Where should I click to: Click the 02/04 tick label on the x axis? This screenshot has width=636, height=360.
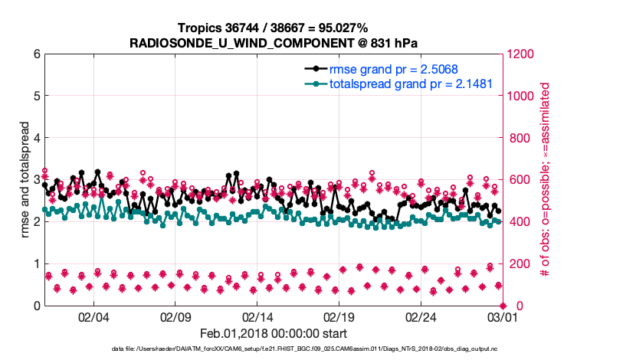93,316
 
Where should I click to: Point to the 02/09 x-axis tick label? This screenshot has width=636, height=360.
175,316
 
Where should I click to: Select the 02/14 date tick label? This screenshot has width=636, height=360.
257,316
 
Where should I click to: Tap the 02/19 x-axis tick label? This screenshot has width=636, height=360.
339,316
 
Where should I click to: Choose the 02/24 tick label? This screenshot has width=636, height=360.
421,316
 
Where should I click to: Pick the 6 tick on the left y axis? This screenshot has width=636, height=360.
35,54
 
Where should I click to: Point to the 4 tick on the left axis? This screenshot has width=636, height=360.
35,138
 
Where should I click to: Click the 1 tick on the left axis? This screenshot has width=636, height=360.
35,263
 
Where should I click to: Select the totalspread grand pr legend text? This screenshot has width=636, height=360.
410,83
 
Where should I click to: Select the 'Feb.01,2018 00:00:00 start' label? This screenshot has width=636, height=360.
273,333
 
